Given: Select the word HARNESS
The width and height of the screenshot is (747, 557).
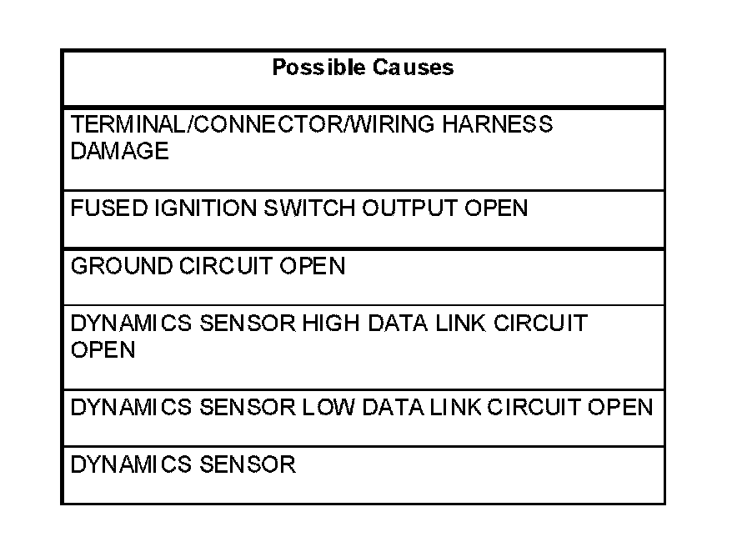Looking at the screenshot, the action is point(497,125).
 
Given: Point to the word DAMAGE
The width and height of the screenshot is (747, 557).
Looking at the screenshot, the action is point(119,151).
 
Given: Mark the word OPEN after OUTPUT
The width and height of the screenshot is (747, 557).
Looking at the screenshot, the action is point(496,208).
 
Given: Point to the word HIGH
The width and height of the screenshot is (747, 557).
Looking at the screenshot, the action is point(329,324).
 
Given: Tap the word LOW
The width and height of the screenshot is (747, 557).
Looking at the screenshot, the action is point(328,409).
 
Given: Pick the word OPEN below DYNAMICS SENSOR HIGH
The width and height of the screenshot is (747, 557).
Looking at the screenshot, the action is point(103,350).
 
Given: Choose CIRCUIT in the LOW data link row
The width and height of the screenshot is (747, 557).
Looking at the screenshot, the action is point(534,409).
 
